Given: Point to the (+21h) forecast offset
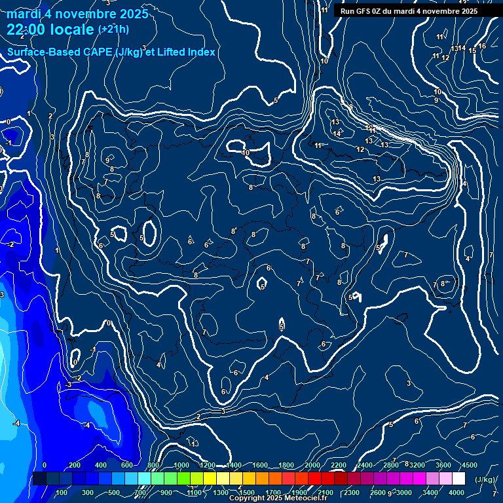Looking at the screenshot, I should click(x=113, y=29).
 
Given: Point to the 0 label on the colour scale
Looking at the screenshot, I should click(x=45, y=465).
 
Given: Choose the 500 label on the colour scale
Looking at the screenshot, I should click(x=114, y=493).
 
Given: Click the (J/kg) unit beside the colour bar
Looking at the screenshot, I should click(x=484, y=480).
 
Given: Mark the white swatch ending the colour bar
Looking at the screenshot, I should click(x=458, y=479).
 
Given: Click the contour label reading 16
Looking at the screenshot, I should click(x=482, y=46).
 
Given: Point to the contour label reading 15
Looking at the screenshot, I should click(x=472, y=50).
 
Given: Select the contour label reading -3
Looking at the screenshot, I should click(x=68, y=385).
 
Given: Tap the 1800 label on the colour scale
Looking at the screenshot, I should click(x=286, y=465).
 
